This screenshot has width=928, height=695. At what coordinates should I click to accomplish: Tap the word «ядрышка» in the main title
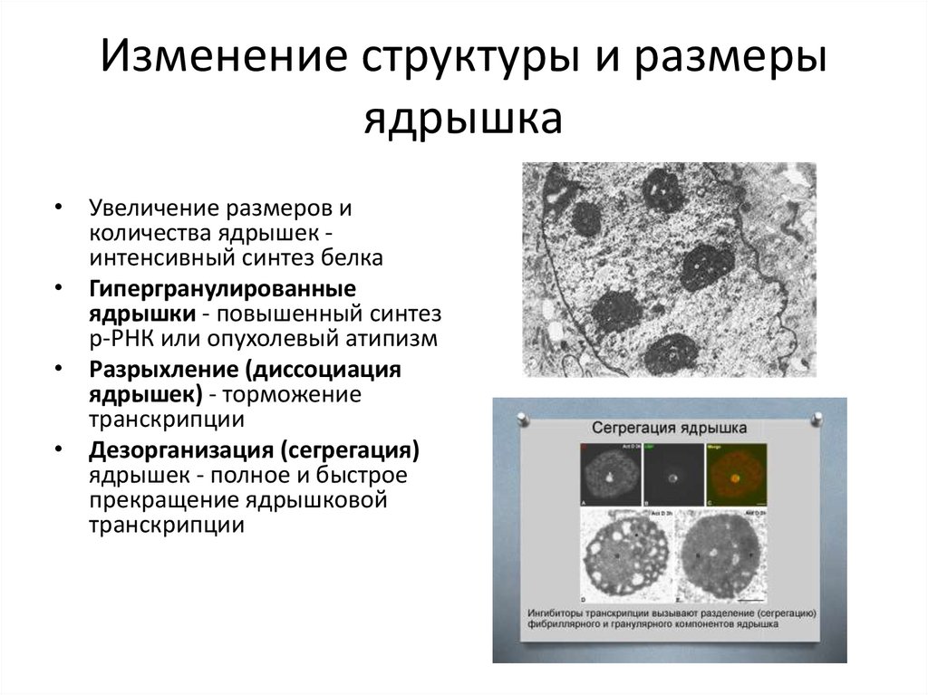point(463,119)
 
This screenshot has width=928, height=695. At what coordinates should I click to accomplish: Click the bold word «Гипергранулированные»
point(221,289)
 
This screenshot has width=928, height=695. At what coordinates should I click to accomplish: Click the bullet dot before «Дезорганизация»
point(59,449)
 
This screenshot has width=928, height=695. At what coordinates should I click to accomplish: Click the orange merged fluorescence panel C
point(737,475)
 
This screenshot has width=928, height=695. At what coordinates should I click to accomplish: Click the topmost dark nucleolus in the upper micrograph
point(663,191)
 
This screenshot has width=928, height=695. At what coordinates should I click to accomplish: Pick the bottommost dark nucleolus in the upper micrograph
point(675,352)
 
